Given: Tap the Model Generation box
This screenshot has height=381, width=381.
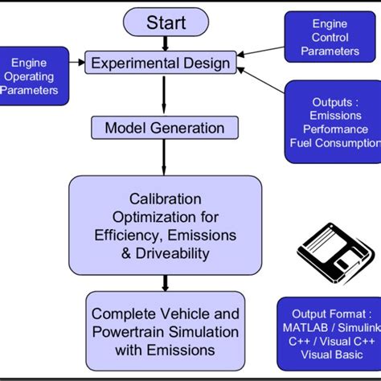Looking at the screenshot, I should point(165,128).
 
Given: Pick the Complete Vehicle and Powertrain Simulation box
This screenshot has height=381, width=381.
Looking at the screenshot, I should point(165,330).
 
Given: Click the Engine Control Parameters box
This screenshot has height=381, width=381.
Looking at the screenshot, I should point(330,38).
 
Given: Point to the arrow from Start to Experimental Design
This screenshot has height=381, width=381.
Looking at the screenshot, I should point(166,43).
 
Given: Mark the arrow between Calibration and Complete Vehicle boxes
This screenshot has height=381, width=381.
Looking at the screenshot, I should point(166,282).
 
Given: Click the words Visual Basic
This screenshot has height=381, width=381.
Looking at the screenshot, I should point(328,354).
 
